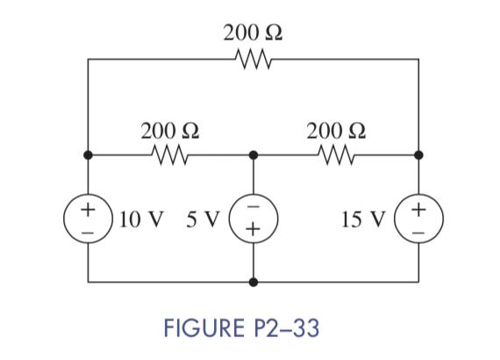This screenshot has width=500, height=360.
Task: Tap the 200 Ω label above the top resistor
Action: [x=253, y=34]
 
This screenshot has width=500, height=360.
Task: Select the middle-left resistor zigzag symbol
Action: [x=170, y=155]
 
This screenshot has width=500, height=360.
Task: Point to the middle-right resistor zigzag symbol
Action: [x=336, y=155]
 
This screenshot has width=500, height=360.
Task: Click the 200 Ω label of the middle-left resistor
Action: [x=170, y=130]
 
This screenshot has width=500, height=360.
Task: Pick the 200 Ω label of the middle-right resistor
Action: [x=336, y=130]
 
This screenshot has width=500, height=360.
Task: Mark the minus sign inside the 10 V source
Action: [x=88, y=229]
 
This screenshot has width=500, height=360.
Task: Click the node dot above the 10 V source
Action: [x=88, y=155]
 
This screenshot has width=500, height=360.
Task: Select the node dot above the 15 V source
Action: [x=419, y=155]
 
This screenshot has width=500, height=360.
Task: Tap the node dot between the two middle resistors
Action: [x=254, y=155]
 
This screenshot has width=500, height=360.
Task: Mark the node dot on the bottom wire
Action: [x=254, y=283]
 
